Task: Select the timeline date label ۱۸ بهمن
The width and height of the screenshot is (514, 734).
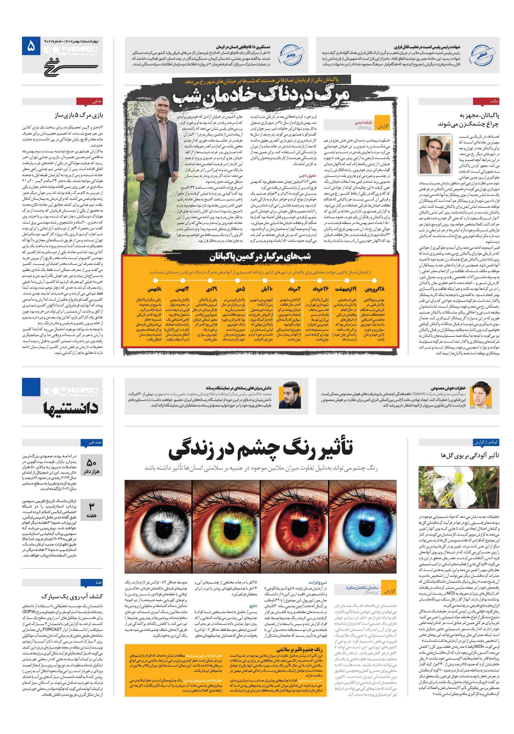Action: click(154, 289)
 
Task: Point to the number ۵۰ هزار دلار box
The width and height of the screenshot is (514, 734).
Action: click(92, 466)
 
